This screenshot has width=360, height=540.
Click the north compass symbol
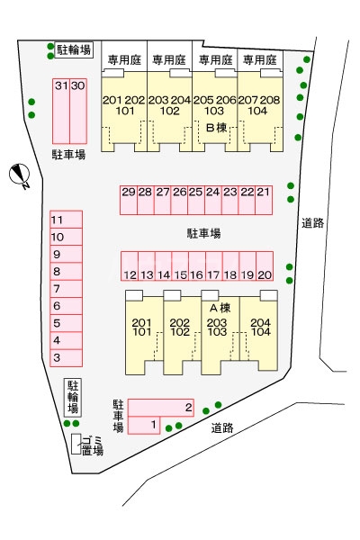(22, 175)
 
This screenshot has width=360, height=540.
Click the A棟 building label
(220, 308)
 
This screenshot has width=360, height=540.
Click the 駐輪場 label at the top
(73, 50)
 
